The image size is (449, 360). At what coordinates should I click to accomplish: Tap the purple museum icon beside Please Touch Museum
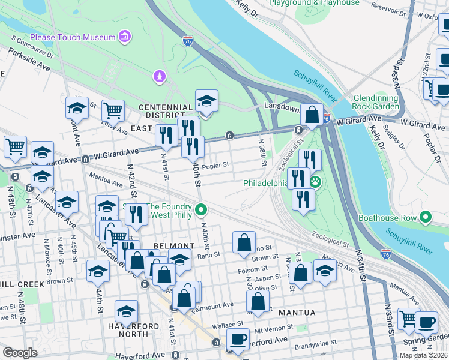click(x=124, y=38)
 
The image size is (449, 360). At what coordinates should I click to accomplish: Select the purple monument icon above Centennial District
click(x=159, y=76)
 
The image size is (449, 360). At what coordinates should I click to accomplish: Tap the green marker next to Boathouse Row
click(x=426, y=217)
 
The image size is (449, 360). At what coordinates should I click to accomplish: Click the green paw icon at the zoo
click(x=315, y=181)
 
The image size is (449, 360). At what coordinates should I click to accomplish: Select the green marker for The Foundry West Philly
click(x=202, y=210)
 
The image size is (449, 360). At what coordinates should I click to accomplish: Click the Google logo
click(x=20, y=353)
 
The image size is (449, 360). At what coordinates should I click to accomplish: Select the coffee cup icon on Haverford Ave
click(x=238, y=339)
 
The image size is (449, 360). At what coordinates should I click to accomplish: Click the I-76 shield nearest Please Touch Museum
click(x=188, y=41)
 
